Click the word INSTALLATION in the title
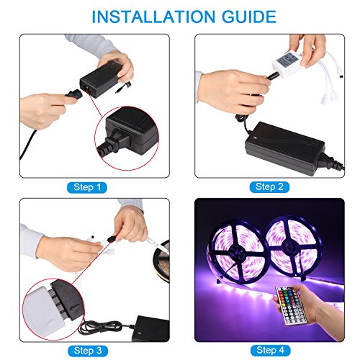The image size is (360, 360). point(153,17)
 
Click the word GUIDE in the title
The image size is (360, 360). point(249,17)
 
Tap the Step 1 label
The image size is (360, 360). point(87,187)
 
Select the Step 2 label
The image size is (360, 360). point(269,187)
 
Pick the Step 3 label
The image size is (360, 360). point(88,351)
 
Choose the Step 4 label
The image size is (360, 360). point(271,351)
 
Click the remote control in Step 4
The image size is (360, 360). point(290,305)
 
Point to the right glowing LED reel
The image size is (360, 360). point(293,247)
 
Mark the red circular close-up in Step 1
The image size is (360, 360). point(127,138)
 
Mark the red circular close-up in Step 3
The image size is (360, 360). point(53,309)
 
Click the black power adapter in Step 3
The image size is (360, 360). point(150,328)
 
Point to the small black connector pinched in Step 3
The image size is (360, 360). point(111,239)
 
